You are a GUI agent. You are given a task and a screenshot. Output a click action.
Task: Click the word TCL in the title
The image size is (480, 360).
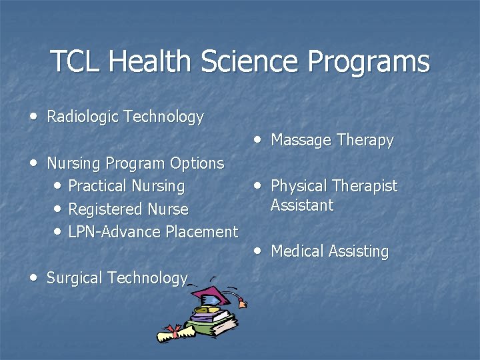pyautogui.click(x=76, y=61)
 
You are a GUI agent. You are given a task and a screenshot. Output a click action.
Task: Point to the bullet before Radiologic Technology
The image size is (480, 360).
pyautogui.click(x=34, y=116)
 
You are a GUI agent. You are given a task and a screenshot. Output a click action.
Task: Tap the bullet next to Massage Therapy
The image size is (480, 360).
pyautogui.click(x=258, y=139)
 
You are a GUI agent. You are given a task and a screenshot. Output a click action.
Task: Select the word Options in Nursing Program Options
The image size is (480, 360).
pyautogui.click(x=197, y=163)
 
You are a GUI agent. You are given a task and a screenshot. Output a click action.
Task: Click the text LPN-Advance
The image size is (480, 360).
pyautogui.click(x=110, y=232)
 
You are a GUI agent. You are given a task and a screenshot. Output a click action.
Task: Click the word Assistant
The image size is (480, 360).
pyautogui.click(x=302, y=205)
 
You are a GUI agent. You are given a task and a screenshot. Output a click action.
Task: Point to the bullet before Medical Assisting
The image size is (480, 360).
pyautogui.click(x=258, y=251)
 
